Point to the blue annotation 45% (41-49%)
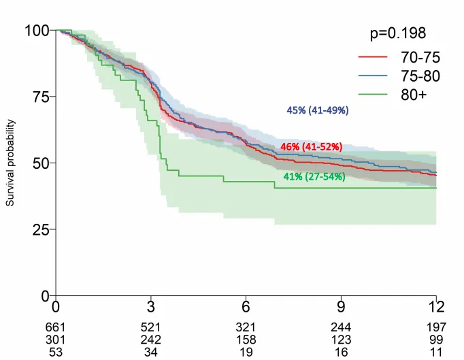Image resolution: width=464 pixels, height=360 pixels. tap(316, 111)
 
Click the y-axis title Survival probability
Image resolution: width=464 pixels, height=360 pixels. tap(10, 163)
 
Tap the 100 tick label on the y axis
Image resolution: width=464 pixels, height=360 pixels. tap(37, 30)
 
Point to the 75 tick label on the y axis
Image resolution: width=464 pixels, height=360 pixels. tap(41, 97)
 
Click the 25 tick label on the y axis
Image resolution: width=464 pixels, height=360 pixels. tap(41, 229)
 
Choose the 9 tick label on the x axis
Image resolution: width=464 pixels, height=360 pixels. tap(341, 306)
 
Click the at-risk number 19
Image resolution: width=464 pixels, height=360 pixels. tap(246, 350)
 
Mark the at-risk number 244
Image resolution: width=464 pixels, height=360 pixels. tap(341, 328)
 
